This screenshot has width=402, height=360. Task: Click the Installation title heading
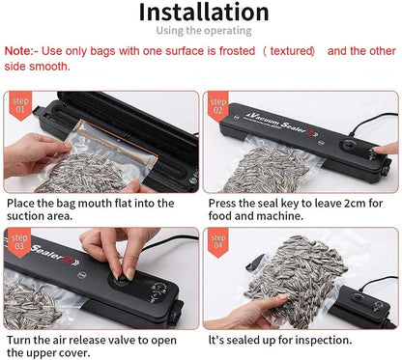(x=203, y=13)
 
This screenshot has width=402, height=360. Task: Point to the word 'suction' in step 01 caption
(x=31, y=218)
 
